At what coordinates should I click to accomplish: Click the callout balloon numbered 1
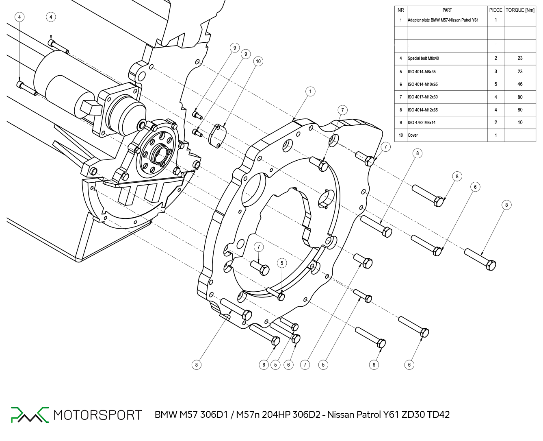(310, 92)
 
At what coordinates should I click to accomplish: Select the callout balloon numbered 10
(258, 61)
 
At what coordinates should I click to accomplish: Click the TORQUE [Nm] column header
(520, 10)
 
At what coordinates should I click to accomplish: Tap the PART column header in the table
(447, 10)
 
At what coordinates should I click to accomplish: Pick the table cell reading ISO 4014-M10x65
(423, 84)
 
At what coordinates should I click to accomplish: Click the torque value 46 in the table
(520, 84)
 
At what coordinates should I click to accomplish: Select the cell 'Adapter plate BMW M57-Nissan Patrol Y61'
(443, 20)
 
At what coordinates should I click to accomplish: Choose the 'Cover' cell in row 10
(413, 135)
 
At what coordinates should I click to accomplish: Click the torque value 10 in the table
(520, 122)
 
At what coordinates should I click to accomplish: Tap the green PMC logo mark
(30, 415)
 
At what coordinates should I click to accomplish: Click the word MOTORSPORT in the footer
(98, 415)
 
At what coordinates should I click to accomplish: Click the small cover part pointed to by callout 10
(217, 136)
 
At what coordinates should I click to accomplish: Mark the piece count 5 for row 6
(495, 84)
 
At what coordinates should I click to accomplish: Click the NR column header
(401, 10)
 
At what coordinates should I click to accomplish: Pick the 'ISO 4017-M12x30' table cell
(423, 97)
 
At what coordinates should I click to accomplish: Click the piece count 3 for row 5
(495, 72)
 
